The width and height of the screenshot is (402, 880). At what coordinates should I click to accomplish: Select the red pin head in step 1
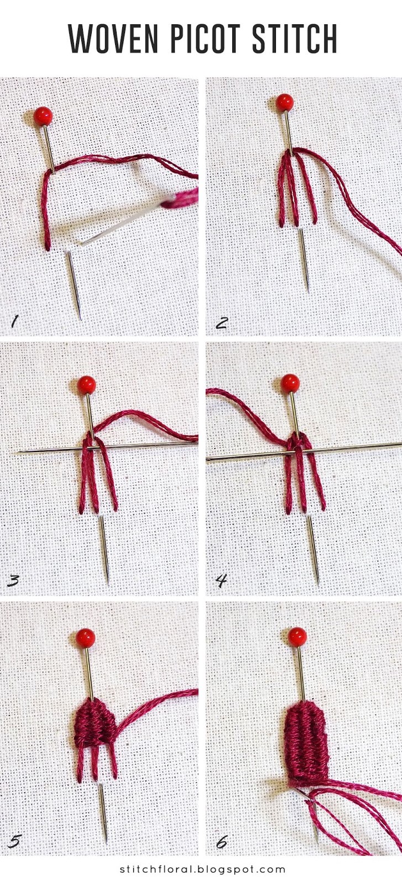[x=43, y=116]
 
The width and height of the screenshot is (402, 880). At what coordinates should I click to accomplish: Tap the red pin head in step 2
[x=285, y=102]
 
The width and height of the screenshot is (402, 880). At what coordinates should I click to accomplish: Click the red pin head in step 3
[x=86, y=384]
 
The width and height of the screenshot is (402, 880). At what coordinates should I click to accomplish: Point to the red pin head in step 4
[x=290, y=383]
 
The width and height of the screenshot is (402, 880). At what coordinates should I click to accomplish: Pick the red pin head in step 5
[x=86, y=637]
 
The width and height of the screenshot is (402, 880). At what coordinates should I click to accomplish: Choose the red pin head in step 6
[x=297, y=636]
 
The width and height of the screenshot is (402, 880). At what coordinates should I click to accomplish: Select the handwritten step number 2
[x=221, y=322]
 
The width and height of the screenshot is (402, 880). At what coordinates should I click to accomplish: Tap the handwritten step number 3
[x=14, y=581]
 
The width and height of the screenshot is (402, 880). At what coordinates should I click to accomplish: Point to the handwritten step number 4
[x=221, y=581]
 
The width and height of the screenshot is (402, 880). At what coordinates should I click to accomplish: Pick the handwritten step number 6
[x=221, y=841]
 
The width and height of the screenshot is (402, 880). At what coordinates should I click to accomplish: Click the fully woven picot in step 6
[x=306, y=740]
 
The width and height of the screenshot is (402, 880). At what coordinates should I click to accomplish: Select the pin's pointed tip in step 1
[x=80, y=317]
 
